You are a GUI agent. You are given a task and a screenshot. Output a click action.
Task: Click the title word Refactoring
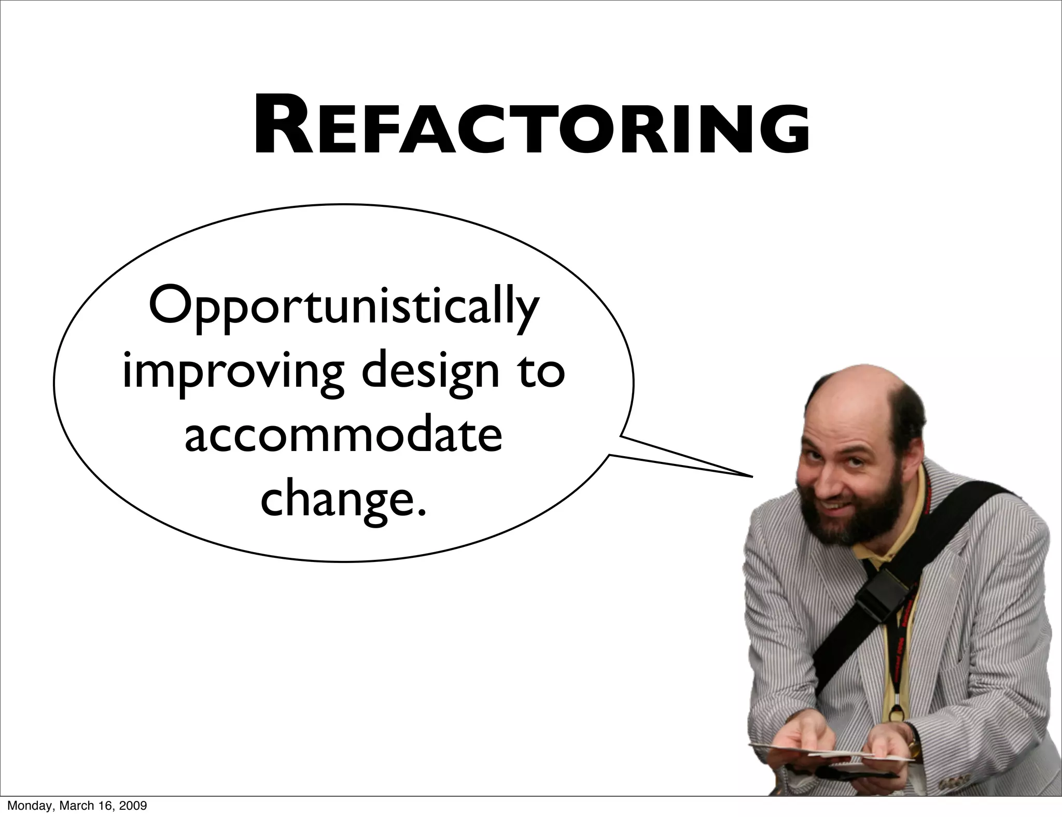tap(531, 127)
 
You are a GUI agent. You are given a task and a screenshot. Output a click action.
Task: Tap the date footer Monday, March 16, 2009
tap(77, 806)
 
